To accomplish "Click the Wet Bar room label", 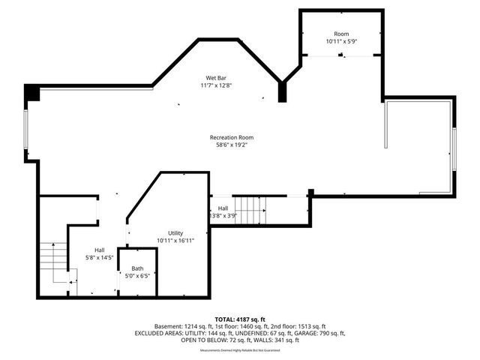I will point(217,78).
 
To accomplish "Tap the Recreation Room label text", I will point(232,138).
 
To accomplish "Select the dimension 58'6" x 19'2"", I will point(232,145).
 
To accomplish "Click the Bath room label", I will point(137,268).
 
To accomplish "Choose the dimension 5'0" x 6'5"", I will point(137,276).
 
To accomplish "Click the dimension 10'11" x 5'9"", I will point(341,42).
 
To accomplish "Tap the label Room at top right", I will point(341,34).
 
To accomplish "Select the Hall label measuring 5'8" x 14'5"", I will point(100,250).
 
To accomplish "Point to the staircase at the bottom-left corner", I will point(54,264).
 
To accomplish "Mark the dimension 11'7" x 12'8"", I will point(217,85).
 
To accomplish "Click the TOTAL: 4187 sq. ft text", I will point(240,319).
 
